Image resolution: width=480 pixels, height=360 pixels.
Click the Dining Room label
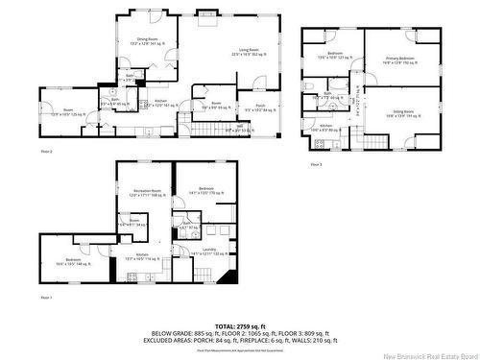click(x=147, y=40)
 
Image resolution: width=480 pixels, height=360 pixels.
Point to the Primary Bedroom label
click(x=397, y=60)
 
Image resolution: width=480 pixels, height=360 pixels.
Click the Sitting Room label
click(x=401, y=113)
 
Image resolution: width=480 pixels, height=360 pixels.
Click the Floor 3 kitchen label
click(x=325, y=128)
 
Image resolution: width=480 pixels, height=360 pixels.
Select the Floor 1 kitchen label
click(x=142, y=256)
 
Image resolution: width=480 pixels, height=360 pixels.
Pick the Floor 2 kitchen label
click(x=162, y=103)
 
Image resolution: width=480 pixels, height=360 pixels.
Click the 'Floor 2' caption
click(x=45, y=152)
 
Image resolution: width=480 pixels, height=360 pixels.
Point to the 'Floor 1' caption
click(x=45, y=298)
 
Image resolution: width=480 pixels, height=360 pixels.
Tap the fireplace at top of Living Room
click(x=208, y=15)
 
